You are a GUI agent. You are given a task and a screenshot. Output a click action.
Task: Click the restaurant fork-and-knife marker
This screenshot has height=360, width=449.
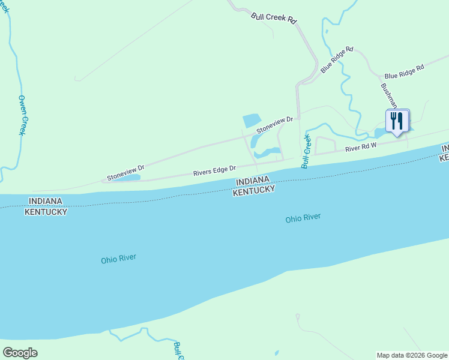(397, 120)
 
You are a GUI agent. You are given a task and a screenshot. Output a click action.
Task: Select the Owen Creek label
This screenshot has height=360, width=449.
(22, 115)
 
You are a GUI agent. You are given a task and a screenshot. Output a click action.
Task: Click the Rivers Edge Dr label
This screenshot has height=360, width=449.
(214, 172)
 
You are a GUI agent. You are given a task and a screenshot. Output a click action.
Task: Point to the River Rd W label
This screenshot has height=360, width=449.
(360, 147)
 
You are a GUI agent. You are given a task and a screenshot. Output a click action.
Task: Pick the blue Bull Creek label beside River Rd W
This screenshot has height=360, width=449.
(306, 151)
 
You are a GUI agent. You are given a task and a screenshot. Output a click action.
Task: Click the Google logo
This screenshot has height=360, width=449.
(20, 352)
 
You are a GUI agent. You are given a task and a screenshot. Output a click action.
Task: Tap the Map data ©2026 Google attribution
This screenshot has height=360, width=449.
(412, 355)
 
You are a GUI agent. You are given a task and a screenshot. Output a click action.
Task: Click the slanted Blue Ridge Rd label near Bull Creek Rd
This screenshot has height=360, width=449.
(337, 60)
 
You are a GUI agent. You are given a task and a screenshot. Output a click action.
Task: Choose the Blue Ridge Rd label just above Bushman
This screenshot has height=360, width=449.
(404, 71)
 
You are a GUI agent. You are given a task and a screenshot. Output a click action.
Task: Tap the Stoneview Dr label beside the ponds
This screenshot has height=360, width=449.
(274, 125)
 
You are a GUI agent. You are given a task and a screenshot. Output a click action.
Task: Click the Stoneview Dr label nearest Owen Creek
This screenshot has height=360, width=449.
(126, 173)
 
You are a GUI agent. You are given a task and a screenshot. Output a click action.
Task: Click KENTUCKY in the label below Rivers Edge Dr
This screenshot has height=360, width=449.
(253, 190)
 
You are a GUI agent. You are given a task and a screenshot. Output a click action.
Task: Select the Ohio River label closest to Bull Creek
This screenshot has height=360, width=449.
(303, 218)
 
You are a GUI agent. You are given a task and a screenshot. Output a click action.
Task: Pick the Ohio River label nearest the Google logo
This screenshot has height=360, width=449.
(118, 259)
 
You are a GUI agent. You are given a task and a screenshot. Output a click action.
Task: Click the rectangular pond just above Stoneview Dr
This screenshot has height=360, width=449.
(250, 120)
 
